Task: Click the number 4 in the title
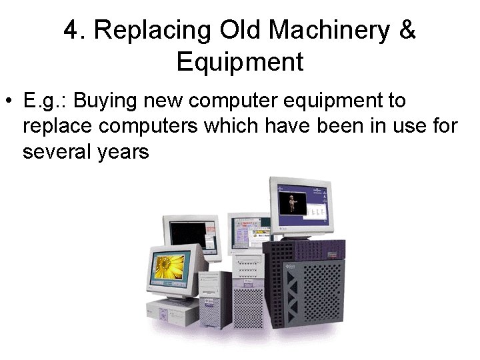71,31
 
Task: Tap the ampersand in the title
408,31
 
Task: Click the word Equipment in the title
240,62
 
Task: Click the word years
126,153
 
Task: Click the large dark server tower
307,287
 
